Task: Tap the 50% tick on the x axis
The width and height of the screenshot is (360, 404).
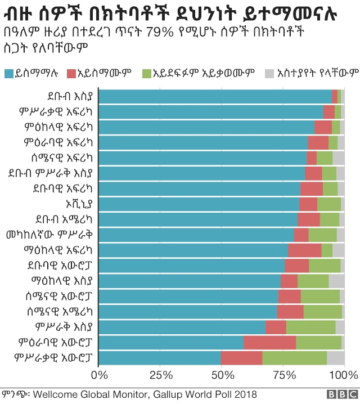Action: (x=222, y=375)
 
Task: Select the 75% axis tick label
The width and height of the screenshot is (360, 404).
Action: (x=283, y=375)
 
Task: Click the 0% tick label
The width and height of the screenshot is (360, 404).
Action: (x=100, y=375)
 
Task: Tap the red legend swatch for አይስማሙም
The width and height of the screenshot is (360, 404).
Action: (x=71, y=73)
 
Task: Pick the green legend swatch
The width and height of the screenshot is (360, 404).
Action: (x=146, y=73)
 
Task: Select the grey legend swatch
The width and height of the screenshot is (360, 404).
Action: (x=268, y=73)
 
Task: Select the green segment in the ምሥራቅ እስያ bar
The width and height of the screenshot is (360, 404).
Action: (x=310, y=326)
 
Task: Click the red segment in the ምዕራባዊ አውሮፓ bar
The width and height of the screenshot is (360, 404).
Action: (x=269, y=342)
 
